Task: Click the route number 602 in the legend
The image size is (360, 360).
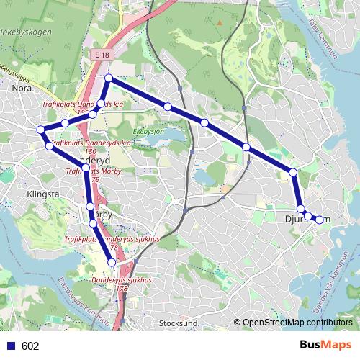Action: pyautogui.click(x=30, y=346)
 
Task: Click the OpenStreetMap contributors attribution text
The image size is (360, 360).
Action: pyautogui.click(x=297, y=323)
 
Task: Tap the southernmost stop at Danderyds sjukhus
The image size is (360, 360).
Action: pyautogui.click(x=111, y=264)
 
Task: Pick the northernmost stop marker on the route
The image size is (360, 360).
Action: pyautogui.click(x=108, y=78)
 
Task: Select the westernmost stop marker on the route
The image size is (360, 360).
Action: pyautogui.click(x=41, y=130)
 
